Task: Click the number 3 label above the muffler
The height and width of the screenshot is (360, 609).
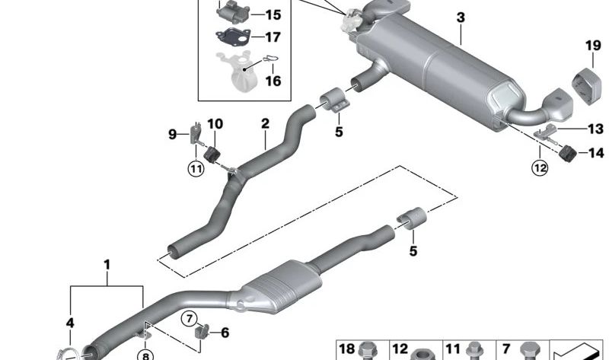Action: click(461, 17)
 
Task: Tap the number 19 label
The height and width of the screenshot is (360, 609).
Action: click(592, 46)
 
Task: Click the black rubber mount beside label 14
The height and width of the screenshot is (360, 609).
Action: click(566, 152)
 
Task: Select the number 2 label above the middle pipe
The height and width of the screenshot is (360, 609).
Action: click(265, 123)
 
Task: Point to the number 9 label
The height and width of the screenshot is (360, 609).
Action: click(172, 135)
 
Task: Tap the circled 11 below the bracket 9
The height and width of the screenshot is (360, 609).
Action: click(196, 169)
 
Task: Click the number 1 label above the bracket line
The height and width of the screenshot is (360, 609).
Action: click(107, 265)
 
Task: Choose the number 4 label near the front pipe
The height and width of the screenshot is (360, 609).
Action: click(70, 323)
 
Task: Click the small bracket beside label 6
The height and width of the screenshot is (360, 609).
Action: click(202, 333)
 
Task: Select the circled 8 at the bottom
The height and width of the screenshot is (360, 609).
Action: click(145, 354)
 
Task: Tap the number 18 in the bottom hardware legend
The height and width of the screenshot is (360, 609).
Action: click(347, 349)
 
